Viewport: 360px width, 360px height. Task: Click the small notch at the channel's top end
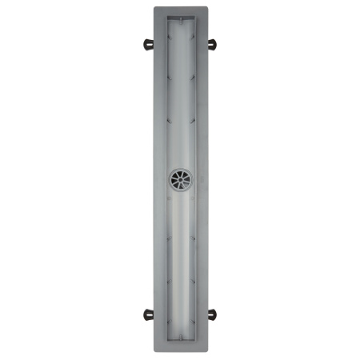point(180,17)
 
